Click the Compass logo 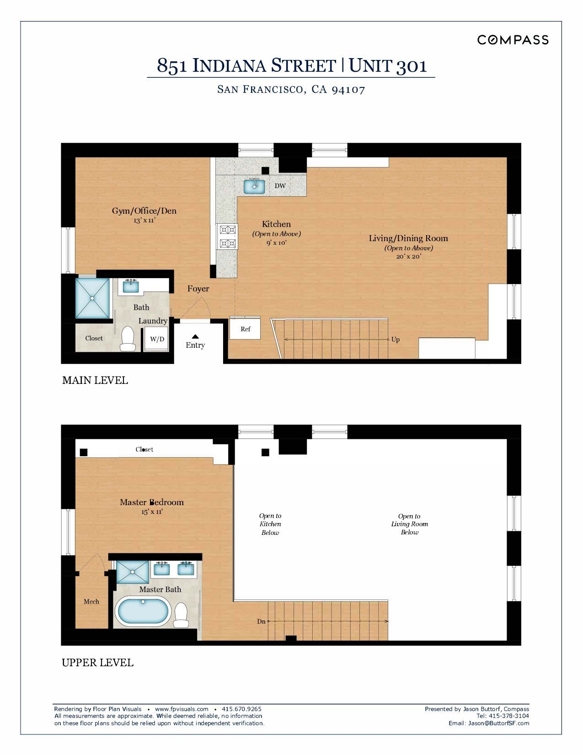click(513, 40)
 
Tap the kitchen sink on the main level click(254, 186)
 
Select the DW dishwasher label click(280, 186)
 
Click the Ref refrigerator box click(245, 329)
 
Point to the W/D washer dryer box click(157, 339)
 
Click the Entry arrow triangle click(195, 336)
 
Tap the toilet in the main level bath click(128, 338)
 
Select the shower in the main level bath click(93, 297)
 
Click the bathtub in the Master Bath click(143, 611)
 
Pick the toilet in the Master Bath click(181, 615)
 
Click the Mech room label click(91, 601)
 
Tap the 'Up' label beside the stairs click(396, 340)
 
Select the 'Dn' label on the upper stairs click(261, 621)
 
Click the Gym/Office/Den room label click(144, 211)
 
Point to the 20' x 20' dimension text click(409, 256)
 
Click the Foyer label click(198, 289)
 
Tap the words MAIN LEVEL click(95, 380)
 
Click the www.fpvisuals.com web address click(182, 709)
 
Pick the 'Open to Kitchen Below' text click(270, 524)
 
